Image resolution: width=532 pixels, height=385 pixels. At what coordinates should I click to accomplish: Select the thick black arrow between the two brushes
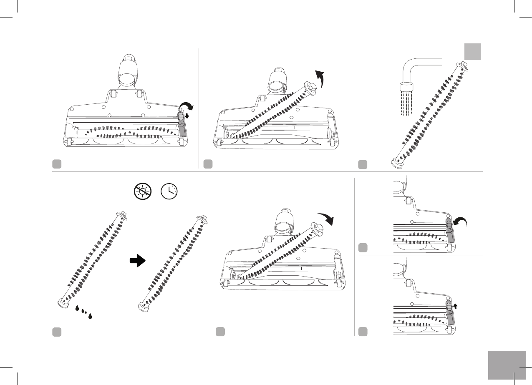tap(138, 261)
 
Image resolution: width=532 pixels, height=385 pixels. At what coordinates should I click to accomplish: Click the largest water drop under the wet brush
tap(90, 316)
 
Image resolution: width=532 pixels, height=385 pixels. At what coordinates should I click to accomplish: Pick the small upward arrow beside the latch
tap(455, 306)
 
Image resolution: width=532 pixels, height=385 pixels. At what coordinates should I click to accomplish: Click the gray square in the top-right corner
tap(473, 52)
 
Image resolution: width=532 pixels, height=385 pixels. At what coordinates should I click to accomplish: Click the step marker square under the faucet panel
tap(363, 164)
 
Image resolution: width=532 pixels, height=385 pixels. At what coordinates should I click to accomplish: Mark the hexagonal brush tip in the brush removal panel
tap(313, 86)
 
